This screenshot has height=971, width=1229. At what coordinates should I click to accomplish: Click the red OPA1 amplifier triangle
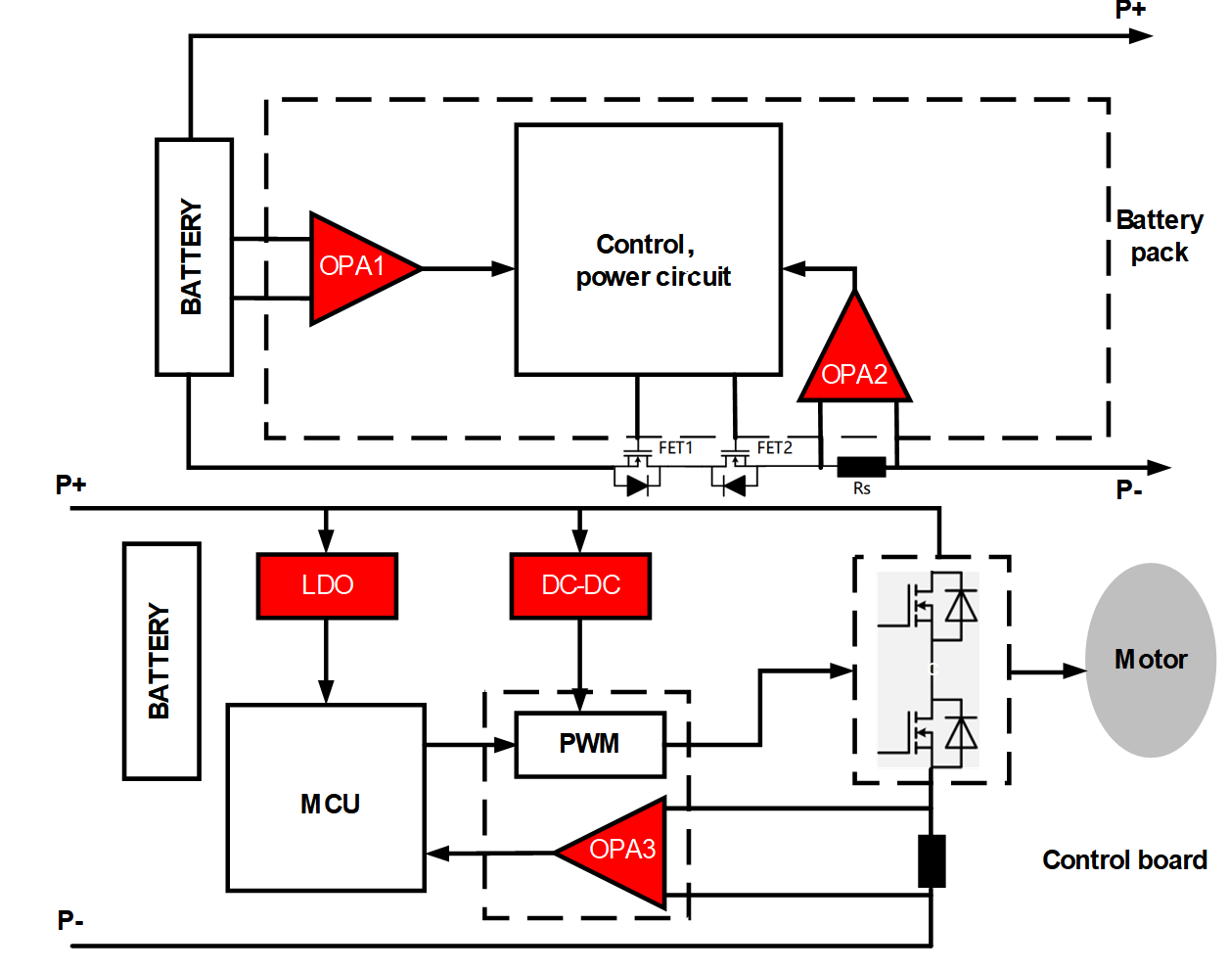coord(354,266)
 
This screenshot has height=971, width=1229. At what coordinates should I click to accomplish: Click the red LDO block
coord(327,585)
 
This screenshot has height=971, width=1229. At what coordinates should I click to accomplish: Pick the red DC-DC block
coord(580,585)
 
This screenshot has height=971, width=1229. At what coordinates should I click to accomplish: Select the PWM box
coord(590,744)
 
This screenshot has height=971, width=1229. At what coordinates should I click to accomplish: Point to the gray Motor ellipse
coord(1151,660)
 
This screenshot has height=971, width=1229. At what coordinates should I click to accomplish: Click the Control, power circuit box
coord(648,251)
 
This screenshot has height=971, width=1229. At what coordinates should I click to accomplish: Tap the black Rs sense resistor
coord(861,467)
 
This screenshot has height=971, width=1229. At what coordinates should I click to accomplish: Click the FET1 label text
coord(675,447)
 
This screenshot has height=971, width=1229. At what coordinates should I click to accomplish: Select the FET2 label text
coord(774,447)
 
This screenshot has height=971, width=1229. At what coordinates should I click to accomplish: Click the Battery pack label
coord(1160,236)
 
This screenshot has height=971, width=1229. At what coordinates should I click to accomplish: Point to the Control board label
coord(1124,860)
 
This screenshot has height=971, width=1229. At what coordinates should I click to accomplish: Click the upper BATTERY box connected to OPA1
coord(194,256)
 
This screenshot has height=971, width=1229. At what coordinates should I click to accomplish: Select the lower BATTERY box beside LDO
coord(161,661)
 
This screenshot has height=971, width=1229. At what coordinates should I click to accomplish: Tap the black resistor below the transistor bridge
coord(932,861)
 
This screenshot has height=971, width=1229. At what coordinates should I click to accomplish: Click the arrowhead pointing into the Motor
coord(1075,671)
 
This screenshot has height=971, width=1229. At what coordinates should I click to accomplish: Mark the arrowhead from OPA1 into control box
coord(504,268)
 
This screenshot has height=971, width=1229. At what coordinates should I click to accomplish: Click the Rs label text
coord(861,488)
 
